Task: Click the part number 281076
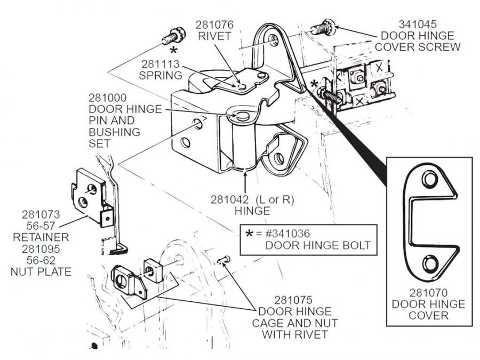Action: click(x=214, y=25)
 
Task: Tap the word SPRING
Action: click(x=161, y=75)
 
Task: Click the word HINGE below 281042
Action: click(x=252, y=211)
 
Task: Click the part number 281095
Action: click(x=41, y=249)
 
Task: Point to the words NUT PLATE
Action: click(x=41, y=271)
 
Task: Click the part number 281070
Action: click(x=429, y=293)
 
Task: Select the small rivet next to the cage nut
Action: click(x=224, y=260)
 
